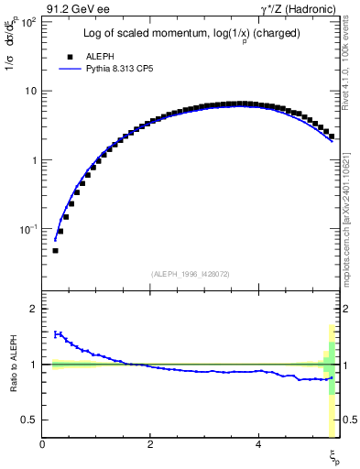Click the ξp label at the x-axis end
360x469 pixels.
(334, 455)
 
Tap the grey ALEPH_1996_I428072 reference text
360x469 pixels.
(191, 274)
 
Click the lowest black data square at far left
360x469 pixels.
(55, 250)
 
